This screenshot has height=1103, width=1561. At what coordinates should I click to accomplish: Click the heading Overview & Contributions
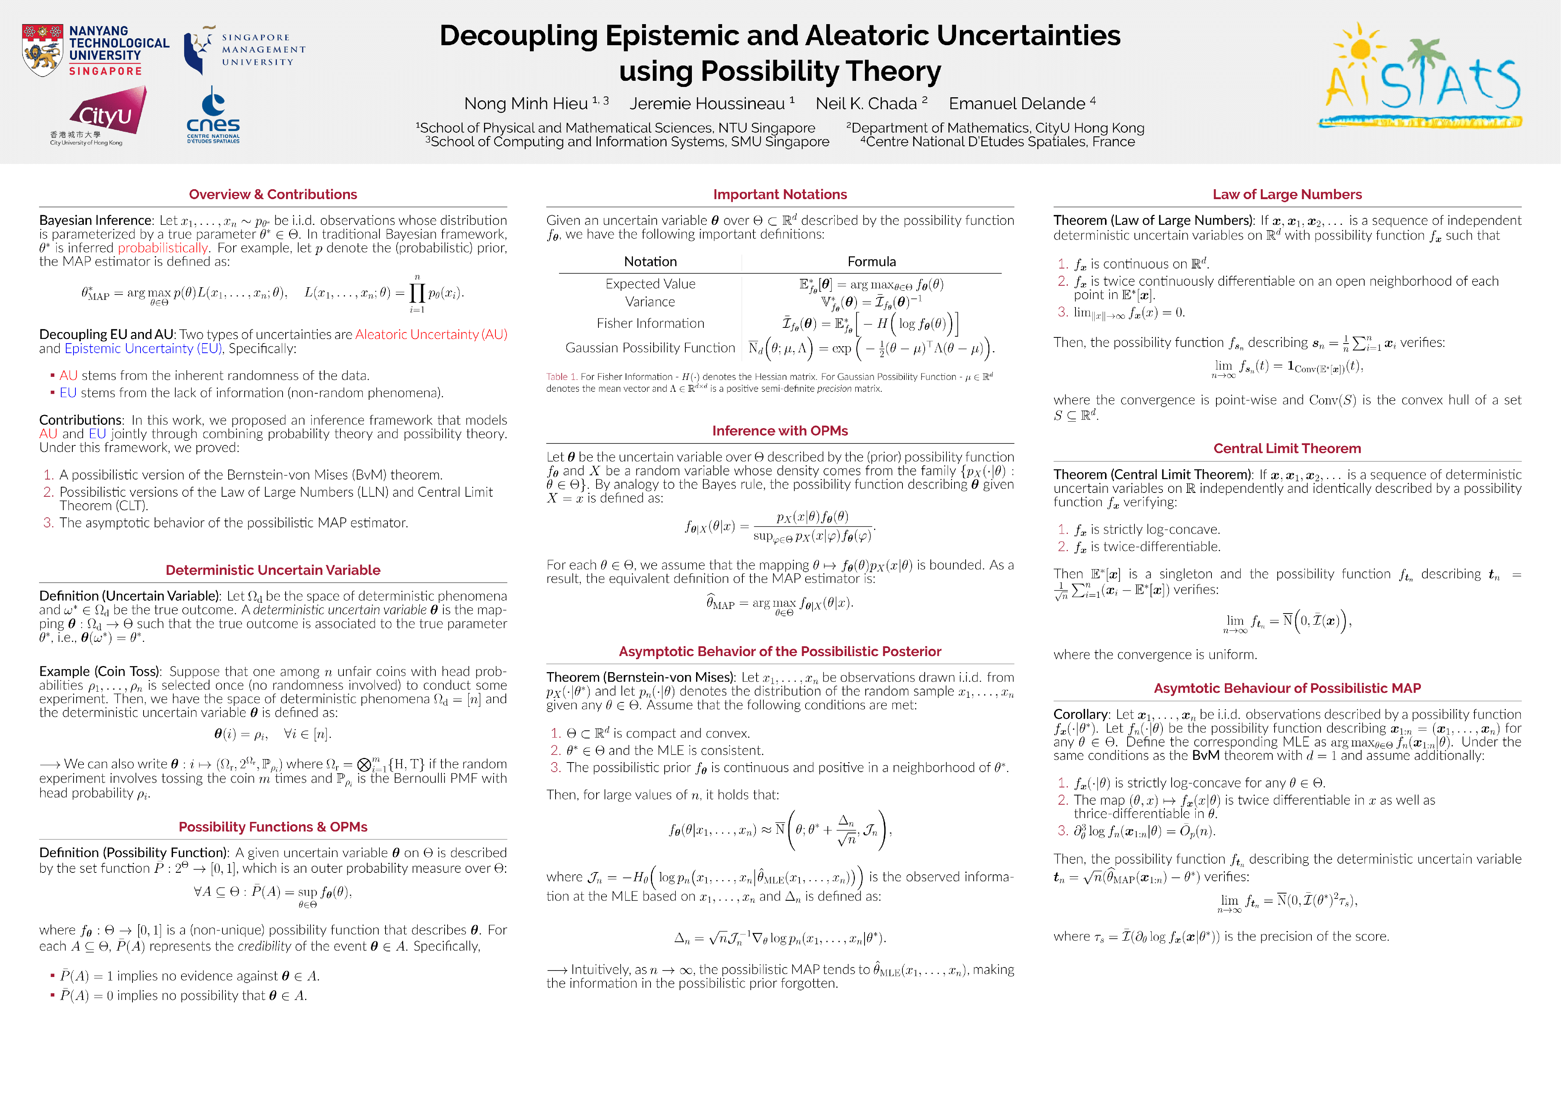273,195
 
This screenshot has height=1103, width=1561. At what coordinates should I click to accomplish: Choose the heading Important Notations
780,195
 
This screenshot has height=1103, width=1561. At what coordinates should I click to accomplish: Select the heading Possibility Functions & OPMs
273,827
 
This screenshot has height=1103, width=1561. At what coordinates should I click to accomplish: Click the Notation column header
651,262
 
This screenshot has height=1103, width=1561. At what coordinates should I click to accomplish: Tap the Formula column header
871,262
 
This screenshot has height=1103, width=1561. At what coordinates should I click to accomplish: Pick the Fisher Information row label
651,324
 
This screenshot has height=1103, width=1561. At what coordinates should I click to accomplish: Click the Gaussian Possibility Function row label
651,348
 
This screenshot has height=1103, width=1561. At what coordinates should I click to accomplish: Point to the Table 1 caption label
562,377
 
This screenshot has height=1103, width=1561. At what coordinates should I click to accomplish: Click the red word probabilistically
163,247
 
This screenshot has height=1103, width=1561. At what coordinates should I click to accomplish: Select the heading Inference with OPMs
780,431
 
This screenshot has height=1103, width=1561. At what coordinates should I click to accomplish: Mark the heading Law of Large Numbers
1287,195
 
